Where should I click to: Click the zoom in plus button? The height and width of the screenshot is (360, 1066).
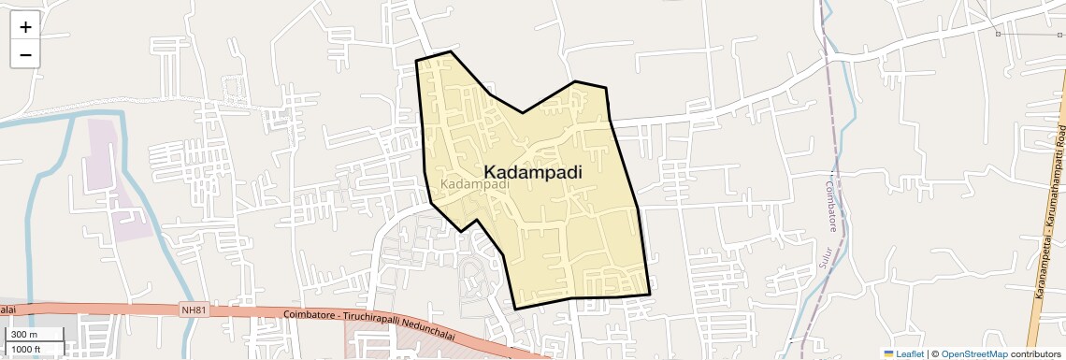25,26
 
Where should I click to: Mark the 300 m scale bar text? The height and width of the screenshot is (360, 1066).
24,335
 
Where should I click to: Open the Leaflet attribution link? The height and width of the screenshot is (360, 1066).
910,353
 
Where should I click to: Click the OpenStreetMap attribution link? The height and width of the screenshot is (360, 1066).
973,353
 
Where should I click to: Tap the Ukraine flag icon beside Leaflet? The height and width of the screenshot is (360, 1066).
889,353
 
